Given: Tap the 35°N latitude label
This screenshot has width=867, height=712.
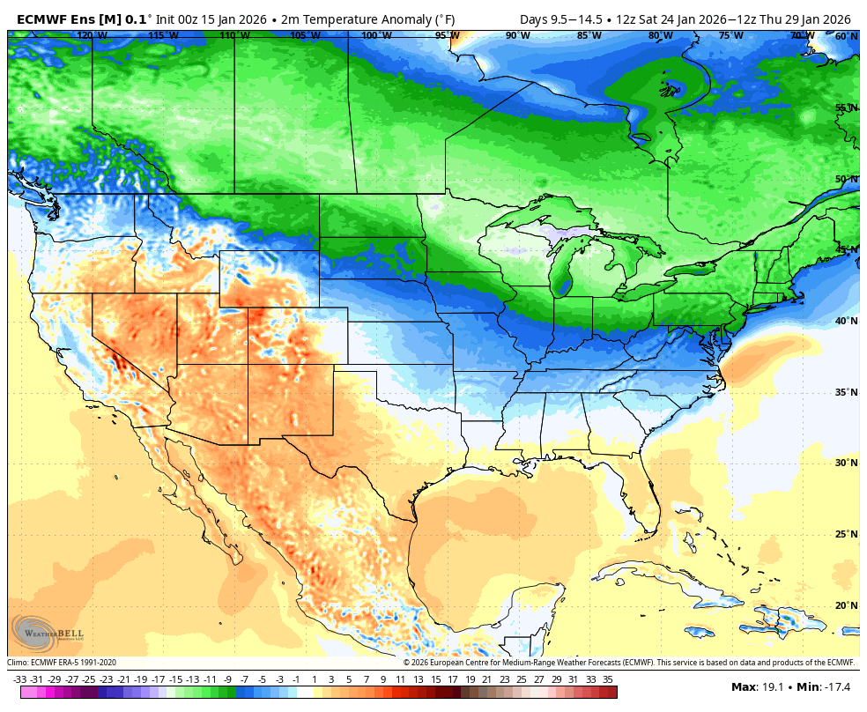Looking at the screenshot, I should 846,392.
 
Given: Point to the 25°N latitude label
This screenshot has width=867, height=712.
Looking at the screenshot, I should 846,534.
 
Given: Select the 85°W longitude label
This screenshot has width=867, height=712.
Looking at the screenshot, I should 589,35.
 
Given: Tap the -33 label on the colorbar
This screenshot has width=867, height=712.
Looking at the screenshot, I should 20,679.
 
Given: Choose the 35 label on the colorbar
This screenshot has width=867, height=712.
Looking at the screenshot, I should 607,679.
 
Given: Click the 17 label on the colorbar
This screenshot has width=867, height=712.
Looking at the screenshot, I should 452,679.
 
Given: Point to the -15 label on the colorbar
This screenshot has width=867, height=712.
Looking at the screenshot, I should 175,679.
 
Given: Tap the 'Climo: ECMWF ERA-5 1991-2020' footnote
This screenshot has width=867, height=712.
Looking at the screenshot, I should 62,663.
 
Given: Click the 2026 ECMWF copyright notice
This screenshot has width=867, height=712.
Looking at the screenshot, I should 629,663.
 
